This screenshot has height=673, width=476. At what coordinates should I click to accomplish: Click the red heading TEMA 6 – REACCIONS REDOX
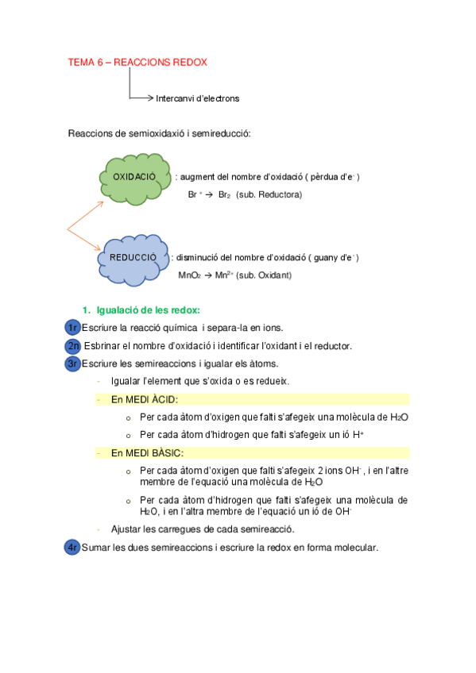pos(138,62)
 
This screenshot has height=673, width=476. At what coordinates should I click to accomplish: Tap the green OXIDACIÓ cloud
pos(135,177)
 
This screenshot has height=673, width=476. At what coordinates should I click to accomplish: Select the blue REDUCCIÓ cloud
pos(133,258)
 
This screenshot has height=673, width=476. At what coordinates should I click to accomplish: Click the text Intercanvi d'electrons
pos(197,99)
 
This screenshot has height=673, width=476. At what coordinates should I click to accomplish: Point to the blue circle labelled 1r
pos(72,328)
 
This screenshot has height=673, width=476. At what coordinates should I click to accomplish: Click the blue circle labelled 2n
pos(72,346)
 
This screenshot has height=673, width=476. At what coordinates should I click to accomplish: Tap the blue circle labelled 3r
pos(72,363)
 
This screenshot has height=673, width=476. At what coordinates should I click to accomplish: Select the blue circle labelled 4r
pos(72,547)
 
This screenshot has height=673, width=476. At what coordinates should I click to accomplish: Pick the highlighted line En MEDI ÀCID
pos(145,399)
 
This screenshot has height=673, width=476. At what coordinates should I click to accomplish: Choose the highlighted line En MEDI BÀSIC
pos(147,453)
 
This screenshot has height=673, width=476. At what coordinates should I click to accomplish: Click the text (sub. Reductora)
pos(269,194)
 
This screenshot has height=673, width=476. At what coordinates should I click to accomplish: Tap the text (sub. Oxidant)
pos(264,275)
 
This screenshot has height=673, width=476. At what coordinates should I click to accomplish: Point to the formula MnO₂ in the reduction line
pos(189,275)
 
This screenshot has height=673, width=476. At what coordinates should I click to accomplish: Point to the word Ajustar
pos(127,529)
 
